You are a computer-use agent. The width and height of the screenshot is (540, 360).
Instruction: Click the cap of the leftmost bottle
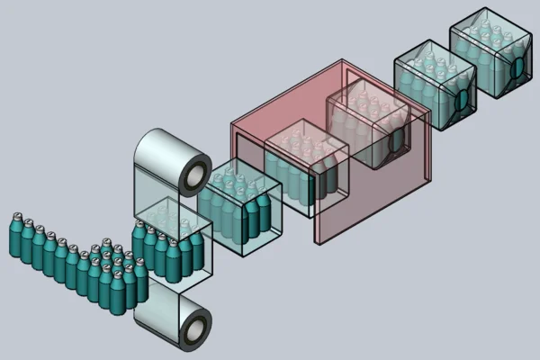(x=15, y=218)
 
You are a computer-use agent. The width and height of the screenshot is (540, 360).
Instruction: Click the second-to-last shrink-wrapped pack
(x=432, y=85)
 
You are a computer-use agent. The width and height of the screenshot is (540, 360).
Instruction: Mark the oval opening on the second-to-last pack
(x=462, y=100)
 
